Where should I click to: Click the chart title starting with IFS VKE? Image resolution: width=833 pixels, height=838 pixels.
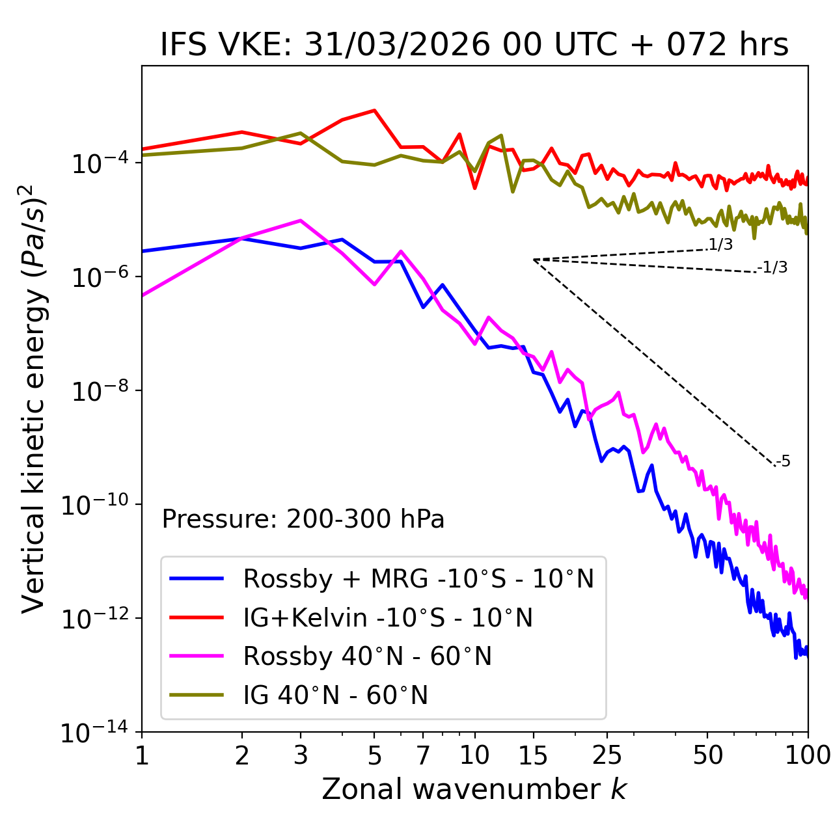point(474,46)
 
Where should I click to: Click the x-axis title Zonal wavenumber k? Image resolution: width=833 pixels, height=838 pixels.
point(474,789)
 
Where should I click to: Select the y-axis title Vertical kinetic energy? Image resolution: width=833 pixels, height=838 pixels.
point(34,398)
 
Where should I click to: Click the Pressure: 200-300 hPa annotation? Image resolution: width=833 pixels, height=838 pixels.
point(303,519)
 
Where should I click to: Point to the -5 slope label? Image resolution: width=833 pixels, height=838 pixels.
point(784,462)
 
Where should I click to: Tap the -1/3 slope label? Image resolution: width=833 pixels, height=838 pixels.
point(773,267)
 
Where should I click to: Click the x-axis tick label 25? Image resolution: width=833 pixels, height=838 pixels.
point(607,755)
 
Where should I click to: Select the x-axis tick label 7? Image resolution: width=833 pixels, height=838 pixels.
point(423,755)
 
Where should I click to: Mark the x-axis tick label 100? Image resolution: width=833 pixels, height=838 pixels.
point(808,755)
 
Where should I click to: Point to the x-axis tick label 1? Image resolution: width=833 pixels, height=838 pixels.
point(142,755)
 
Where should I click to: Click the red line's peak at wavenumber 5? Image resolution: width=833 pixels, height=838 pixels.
point(374,110)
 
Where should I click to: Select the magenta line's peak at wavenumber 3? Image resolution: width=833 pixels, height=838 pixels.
point(301,221)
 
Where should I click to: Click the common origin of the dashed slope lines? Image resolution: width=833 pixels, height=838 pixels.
point(534,260)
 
